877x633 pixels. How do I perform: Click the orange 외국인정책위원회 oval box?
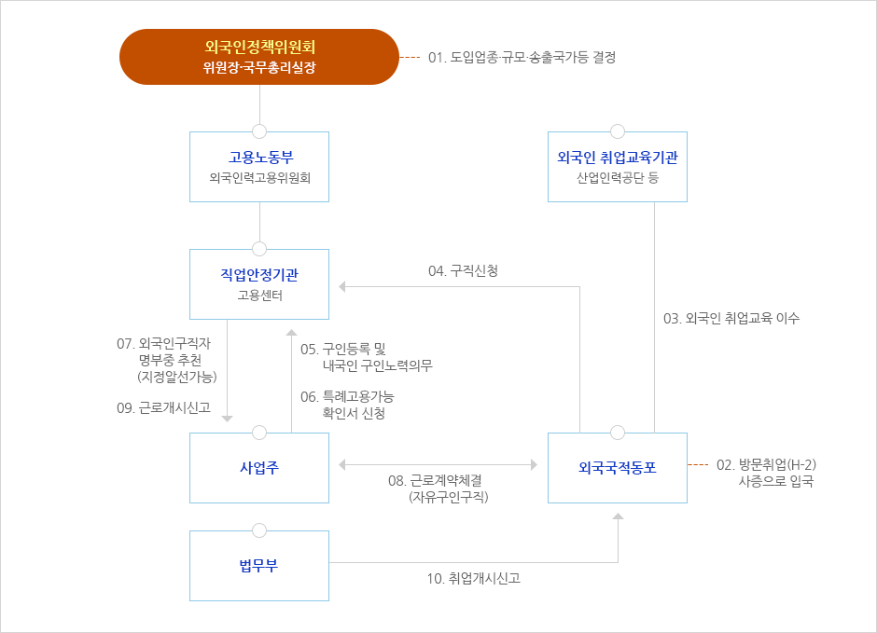coord(259,57)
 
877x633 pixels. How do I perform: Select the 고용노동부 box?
coord(259,167)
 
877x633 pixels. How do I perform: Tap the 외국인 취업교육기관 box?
coord(617,167)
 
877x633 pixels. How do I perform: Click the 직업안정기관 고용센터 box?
coord(259,284)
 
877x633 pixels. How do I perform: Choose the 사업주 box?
coord(259,467)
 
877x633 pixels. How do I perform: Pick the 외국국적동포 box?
coord(617,467)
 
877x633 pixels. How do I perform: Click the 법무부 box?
coord(259,565)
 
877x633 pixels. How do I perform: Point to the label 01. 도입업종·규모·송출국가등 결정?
coord(522,57)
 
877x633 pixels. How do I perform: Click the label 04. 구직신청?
coord(463,270)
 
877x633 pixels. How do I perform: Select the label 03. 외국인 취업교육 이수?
coord(731,318)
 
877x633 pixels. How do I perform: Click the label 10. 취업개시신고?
coord(473,578)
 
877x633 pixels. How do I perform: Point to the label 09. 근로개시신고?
coord(163,407)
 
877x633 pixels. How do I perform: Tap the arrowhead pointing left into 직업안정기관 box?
coord(341,286)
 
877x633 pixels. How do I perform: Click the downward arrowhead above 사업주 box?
coord(227,419)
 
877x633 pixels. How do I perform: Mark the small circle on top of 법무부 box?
coord(259,530)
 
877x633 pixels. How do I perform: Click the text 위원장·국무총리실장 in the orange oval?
coord(259,68)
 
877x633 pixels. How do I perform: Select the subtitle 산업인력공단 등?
coord(617,177)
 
